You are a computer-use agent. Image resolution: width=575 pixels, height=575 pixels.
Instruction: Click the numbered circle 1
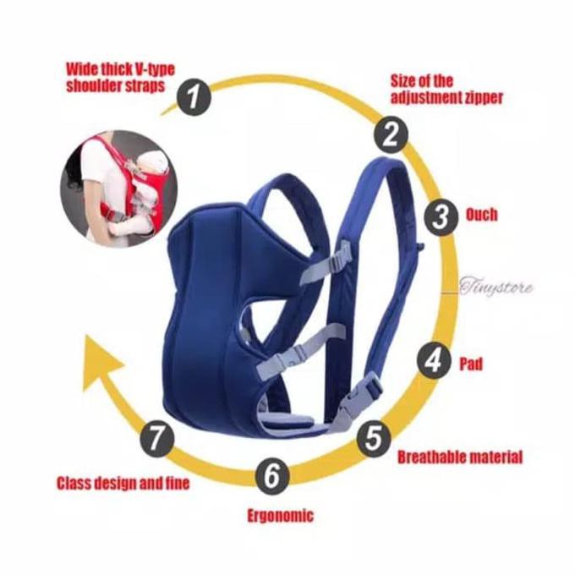coord(195,98)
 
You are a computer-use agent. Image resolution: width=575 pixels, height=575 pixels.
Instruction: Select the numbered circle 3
coord(439,216)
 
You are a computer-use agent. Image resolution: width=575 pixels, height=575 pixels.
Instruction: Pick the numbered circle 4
coord(434,362)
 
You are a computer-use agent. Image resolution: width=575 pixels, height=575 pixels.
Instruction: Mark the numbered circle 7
coord(161,437)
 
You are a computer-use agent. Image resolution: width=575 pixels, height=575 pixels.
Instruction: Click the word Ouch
coord(482,215)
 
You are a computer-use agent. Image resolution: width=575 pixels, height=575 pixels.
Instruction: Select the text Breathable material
coord(460,457)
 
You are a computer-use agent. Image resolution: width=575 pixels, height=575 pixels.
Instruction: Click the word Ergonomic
coord(280,515)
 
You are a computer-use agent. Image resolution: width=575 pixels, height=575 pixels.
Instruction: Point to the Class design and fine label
coord(123,484)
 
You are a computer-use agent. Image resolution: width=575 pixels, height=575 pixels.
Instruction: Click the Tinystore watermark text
coord(496,287)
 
